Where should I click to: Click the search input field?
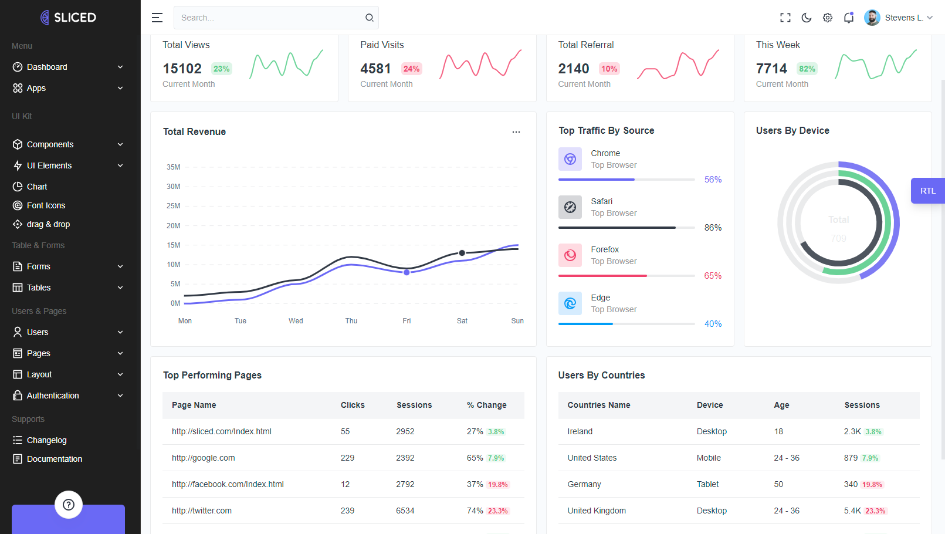270,18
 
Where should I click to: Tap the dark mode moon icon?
807,18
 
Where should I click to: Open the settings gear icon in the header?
828,18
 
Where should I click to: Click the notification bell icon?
849,18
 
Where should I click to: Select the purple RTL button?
927,191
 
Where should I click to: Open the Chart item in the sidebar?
37,187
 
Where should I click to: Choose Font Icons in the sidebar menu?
46,205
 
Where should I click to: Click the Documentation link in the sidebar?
54,459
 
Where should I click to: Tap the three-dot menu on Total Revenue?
516,132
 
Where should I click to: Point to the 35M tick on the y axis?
174,167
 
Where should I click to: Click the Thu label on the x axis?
351,321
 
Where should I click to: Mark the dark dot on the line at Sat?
462,253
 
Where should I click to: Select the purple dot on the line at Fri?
407,272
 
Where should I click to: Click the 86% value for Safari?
713,228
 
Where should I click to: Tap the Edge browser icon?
570,303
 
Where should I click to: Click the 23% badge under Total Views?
221,69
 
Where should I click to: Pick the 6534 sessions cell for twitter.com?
405,511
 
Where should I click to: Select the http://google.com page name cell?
204,458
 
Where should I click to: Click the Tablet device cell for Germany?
708,484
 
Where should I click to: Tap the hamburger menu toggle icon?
157,18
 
